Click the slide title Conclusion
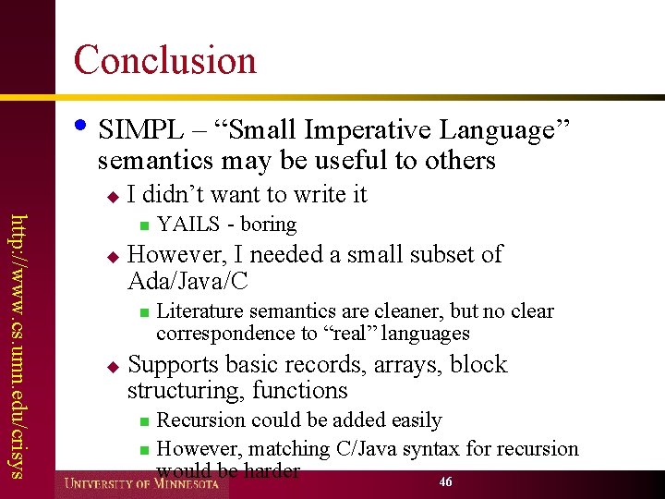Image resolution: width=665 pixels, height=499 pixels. pos(164,60)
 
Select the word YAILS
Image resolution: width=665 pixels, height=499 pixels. pos(188,225)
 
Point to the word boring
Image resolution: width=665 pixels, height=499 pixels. pos(269,225)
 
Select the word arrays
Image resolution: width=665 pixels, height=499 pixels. pos(408,365)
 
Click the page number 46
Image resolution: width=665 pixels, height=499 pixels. pos(446,482)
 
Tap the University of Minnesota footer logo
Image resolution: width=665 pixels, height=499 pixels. pos(141,483)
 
